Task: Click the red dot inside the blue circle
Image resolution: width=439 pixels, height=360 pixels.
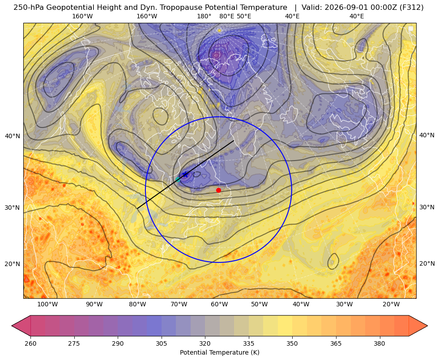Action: [x=219, y=190]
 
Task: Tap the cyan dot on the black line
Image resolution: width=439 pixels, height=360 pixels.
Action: [x=178, y=180]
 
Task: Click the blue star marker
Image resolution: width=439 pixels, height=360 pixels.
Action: [x=185, y=175]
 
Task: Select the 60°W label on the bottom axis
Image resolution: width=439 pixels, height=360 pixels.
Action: [x=219, y=304]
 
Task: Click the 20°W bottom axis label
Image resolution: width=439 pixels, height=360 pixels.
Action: [x=391, y=304]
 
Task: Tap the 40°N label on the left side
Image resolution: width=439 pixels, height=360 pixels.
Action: [x=13, y=136]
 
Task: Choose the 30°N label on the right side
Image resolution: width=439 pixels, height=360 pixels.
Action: [x=427, y=207]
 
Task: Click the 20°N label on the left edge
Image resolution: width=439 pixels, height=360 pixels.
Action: [x=13, y=263]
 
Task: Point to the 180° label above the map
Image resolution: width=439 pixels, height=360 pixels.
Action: [x=204, y=16]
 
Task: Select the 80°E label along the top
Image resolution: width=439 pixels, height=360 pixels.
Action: [x=226, y=16]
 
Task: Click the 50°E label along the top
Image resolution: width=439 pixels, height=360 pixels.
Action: [x=244, y=16]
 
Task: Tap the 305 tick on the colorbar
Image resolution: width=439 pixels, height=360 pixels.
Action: [x=161, y=343]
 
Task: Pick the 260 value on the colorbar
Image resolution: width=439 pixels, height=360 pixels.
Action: [x=30, y=343]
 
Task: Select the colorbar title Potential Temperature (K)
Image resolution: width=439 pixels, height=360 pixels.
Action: [x=219, y=352]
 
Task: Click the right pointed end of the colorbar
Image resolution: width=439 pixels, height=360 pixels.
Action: [x=427, y=326]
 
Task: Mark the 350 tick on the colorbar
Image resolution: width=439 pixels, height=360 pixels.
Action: [x=292, y=343]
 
